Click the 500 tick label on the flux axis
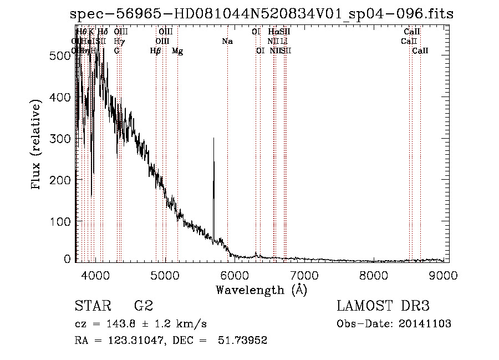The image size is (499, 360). (x=63, y=55)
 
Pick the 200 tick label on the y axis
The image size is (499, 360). (x=63, y=180)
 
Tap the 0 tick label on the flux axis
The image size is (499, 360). (x=68, y=259)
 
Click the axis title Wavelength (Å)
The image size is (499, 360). (x=261, y=290)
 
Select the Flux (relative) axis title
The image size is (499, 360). (x=37, y=145)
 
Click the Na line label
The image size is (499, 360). (x=227, y=41)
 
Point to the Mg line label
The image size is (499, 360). (x=177, y=51)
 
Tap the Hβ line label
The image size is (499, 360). (x=156, y=51)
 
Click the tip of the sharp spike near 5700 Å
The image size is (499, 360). (x=213, y=138)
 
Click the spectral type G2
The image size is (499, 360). (x=143, y=306)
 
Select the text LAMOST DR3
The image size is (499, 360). (x=383, y=306)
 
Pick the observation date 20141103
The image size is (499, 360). (x=425, y=324)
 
